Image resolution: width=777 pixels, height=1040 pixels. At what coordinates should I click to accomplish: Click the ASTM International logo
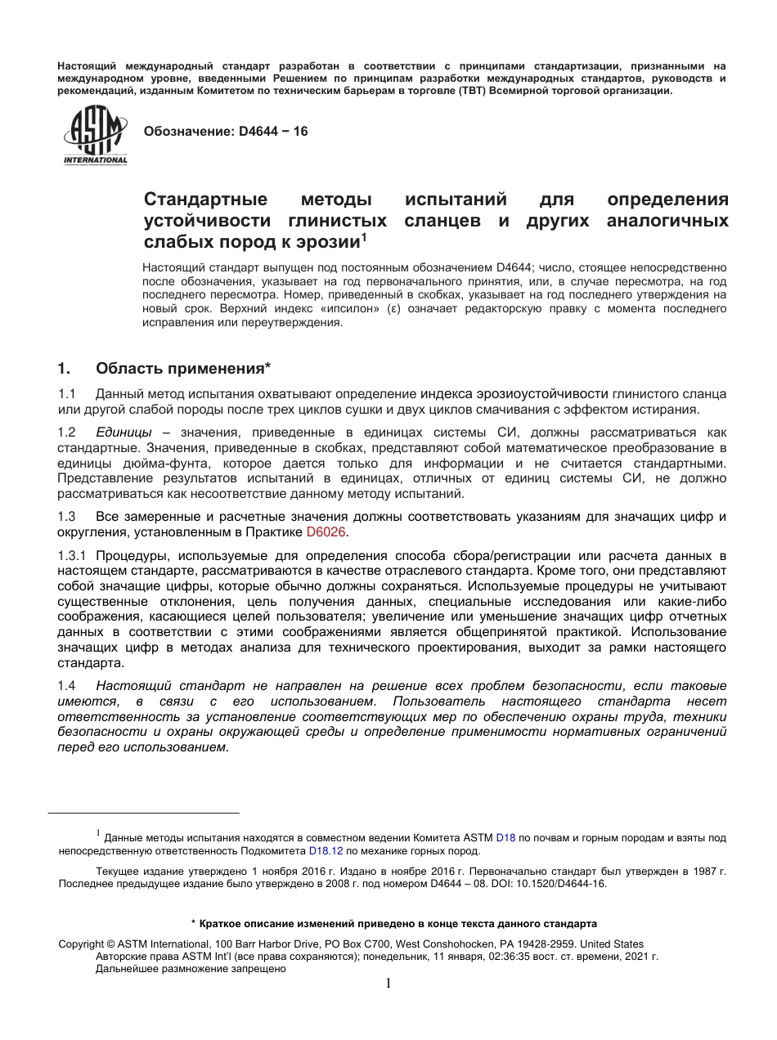(x=96, y=136)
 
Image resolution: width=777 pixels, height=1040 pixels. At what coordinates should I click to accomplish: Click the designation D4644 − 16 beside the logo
(x=226, y=131)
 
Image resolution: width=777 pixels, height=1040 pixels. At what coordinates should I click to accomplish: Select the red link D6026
(x=326, y=532)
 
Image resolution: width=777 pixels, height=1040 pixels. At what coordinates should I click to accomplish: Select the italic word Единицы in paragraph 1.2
(x=124, y=432)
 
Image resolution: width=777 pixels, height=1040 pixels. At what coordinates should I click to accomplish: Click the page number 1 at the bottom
(x=388, y=984)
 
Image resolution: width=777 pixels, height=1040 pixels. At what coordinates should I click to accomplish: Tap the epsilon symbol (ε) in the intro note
(x=395, y=308)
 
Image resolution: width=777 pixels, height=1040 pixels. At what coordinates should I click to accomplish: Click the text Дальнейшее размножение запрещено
(x=191, y=969)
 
